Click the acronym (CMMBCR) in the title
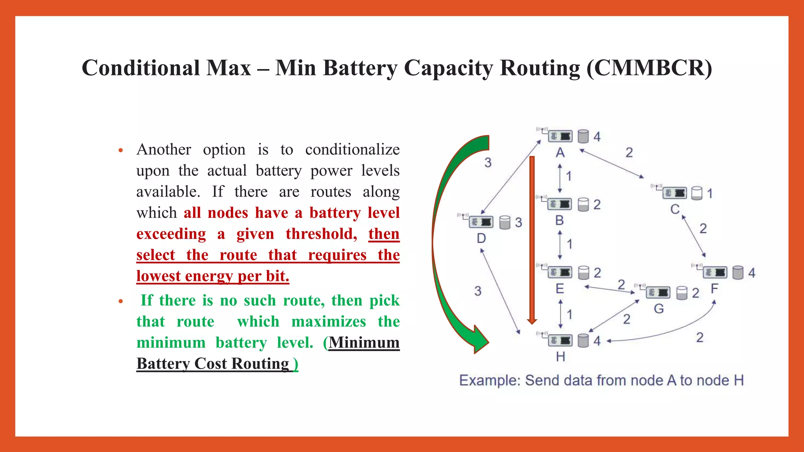tap(649, 68)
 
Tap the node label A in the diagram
tap(560, 153)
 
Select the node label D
tap(481, 238)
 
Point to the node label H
tap(561, 357)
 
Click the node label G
tap(659, 309)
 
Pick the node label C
tap(675, 209)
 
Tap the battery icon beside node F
tap(738, 273)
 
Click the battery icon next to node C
tap(696, 193)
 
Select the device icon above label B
tap(560, 204)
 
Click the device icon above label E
tap(560, 272)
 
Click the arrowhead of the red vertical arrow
tap(532, 321)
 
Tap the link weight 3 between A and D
tap(488, 162)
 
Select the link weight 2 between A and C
tap(629, 153)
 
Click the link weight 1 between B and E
tap(569, 244)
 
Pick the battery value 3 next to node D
tap(519, 222)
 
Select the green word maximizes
tap(329, 322)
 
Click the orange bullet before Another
tap(121, 150)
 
